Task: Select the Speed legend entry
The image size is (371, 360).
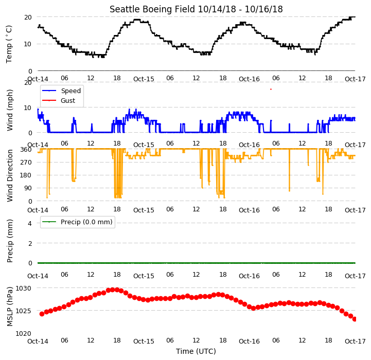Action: coord(62,91)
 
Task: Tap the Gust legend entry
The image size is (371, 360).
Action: coord(59,100)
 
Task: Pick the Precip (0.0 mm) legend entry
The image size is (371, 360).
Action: coord(77,222)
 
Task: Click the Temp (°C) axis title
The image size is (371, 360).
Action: coord(9,44)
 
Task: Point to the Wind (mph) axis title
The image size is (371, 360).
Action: coord(9,110)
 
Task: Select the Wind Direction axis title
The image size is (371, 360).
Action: coord(10,175)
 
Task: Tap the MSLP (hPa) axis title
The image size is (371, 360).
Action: coord(9,307)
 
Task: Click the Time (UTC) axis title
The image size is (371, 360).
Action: coord(196,351)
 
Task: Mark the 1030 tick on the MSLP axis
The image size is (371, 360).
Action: coord(24,289)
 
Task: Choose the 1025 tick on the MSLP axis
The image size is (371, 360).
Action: coord(24,311)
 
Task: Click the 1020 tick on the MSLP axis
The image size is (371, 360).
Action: coord(24,333)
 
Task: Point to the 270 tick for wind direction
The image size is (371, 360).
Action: coord(26,163)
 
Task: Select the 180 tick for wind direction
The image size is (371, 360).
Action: coord(26,175)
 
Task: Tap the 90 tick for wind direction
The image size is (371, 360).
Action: coord(28,188)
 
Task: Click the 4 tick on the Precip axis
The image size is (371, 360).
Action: coord(30,223)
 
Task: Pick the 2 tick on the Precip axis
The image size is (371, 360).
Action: coord(30,243)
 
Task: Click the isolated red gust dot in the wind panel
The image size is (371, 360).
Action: coord(271,89)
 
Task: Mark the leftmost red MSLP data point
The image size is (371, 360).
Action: coord(42,314)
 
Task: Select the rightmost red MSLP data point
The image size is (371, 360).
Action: coord(355,319)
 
